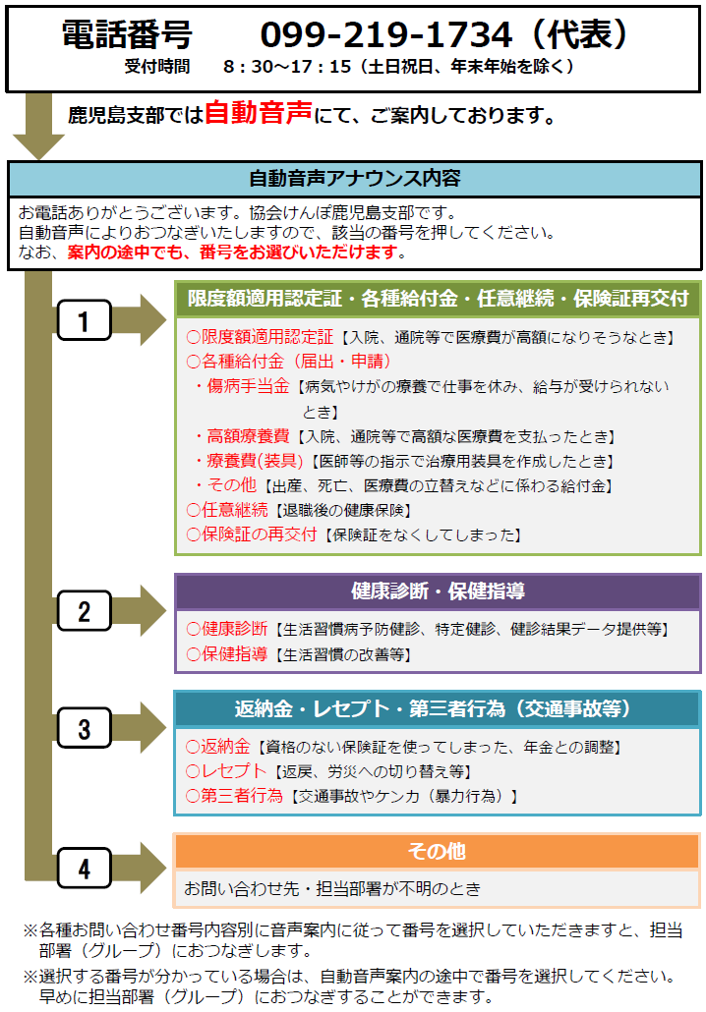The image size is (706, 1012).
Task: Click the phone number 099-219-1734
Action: (386, 34)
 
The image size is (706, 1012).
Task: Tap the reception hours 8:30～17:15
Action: (287, 67)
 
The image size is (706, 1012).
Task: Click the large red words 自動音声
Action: (259, 113)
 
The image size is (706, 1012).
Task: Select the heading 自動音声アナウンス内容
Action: (355, 178)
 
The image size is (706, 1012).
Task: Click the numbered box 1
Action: (84, 320)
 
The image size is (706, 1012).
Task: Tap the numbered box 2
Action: (84, 610)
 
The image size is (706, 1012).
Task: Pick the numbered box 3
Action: (84, 728)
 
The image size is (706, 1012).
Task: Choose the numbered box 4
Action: (84, 869)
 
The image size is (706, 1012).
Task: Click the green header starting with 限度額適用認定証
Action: (438, 299)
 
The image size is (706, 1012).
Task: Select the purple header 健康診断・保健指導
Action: (438, 591)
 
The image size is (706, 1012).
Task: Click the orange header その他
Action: (437, 851)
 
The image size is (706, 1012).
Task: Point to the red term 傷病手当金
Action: (248, 386)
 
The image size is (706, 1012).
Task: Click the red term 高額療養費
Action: (248, 436)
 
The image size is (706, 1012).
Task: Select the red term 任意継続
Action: (234, 510)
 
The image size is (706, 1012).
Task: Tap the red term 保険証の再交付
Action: (260, 534)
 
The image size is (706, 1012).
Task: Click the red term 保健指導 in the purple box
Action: (234, 653)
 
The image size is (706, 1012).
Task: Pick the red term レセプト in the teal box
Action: (233, 770)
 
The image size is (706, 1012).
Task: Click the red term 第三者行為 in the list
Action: (242, 795)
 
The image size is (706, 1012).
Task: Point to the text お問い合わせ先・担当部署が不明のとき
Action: (332, 889)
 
